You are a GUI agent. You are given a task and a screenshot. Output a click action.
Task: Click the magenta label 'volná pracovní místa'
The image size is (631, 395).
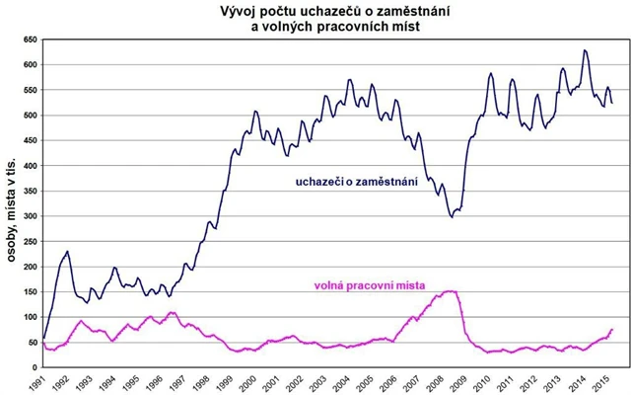coord(370,285)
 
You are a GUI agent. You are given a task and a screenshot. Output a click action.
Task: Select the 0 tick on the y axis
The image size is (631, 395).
coord(32,367)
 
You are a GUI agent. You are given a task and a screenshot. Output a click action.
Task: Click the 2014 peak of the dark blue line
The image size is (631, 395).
coord(585,50)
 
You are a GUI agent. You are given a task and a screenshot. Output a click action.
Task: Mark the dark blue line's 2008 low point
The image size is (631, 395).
coord(452,216)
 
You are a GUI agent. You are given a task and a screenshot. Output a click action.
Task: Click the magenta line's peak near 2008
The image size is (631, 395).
coord(450,291)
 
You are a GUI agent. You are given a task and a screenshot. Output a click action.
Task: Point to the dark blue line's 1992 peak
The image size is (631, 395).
coord(67,252)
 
